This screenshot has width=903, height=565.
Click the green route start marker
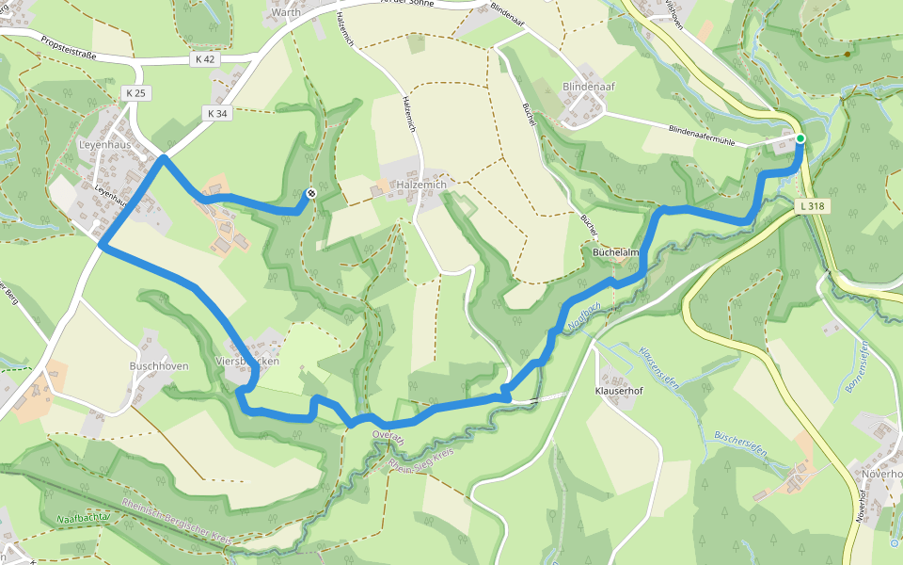click(800, 138)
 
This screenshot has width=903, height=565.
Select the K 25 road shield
click(135, 92)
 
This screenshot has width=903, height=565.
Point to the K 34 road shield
click(216, 113)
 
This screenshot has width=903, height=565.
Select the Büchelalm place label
click(617, 252)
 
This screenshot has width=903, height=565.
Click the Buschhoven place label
click(159, 365)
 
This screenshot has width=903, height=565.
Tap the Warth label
click(285, 13)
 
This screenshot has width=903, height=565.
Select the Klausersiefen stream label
click(658, 366)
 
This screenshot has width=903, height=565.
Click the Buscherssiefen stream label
click(741, 444)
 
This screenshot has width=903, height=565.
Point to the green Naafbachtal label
click(84, 518)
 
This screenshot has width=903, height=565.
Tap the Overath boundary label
click(388, 438)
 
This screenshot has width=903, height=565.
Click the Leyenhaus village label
click(104, 146)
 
